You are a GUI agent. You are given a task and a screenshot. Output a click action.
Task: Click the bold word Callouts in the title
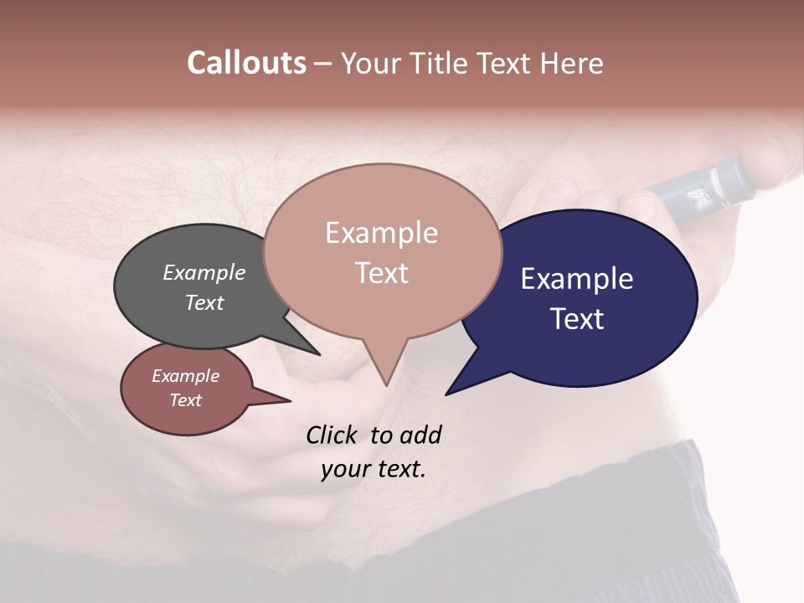[246, 63]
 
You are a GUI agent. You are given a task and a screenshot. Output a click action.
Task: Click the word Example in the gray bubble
[204, 272]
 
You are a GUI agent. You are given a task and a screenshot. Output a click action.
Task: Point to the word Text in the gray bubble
[204, 302]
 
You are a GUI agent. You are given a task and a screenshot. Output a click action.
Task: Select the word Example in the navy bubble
[576, 278]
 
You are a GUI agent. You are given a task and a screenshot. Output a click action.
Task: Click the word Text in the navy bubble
[576, 318]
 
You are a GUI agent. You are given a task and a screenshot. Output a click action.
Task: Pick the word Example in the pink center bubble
[381, 233]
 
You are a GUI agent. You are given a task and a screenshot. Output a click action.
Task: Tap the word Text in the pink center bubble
[381, 273]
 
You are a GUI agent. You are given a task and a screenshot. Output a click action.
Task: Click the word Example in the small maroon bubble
[185, 376]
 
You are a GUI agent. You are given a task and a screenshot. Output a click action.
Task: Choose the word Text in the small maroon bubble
[185, 400]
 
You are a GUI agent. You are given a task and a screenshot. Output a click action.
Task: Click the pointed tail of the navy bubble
[461, 381]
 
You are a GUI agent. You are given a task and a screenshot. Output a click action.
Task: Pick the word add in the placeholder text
[420, 435]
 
